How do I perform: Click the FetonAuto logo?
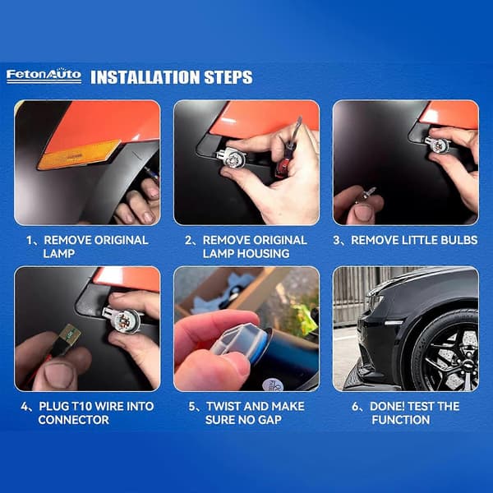(44, 76)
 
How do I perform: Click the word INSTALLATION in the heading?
(145, 77)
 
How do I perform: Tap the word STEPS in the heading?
(228, 77)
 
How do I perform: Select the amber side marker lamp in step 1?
(78, 154)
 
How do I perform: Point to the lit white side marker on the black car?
(394, 323)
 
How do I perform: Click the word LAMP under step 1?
(59, 253)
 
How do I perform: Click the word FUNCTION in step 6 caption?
(401, 420)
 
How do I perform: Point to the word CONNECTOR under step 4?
(74, 420)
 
